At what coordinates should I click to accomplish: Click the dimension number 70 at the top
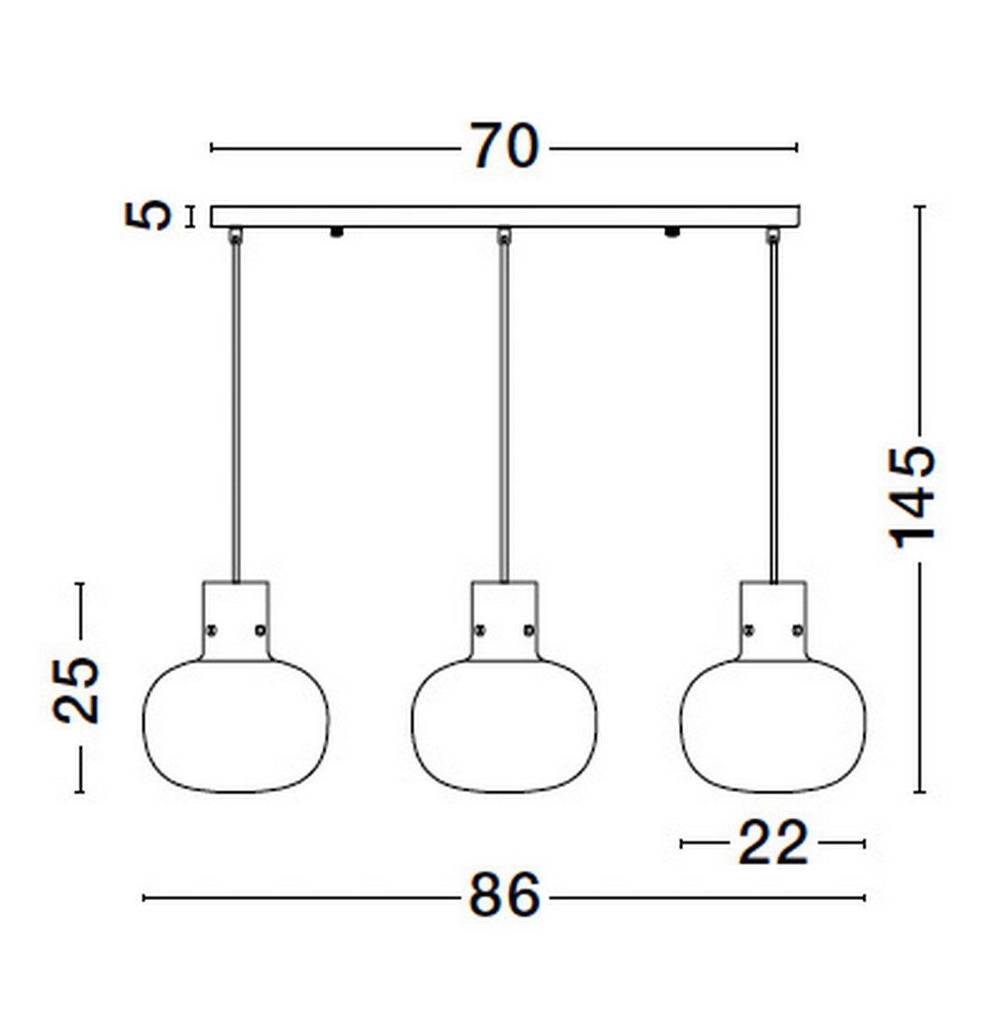click(503, 146)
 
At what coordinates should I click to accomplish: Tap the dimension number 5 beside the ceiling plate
click(148, 216)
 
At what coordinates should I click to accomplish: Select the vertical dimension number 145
click(914, 495)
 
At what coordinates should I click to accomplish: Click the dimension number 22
click(773, 842)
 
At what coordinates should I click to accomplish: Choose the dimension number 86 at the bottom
click(503, 896)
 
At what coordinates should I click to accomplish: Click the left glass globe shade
click(236, 727)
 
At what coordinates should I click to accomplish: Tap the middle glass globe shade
click(503, 727)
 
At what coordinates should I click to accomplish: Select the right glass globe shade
click(773, 727)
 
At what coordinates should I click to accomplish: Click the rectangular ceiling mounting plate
click(505, 216)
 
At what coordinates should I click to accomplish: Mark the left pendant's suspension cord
click(236, 406)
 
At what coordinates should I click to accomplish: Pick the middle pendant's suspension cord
click(504, 406)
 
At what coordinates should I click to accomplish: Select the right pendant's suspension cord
click(773, 406)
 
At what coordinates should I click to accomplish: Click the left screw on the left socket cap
click(212, 629)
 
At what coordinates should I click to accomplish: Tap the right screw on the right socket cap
click(797, 629)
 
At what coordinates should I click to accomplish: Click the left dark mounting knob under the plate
click(337, 231)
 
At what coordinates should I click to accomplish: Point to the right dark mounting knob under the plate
click(673, 231)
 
